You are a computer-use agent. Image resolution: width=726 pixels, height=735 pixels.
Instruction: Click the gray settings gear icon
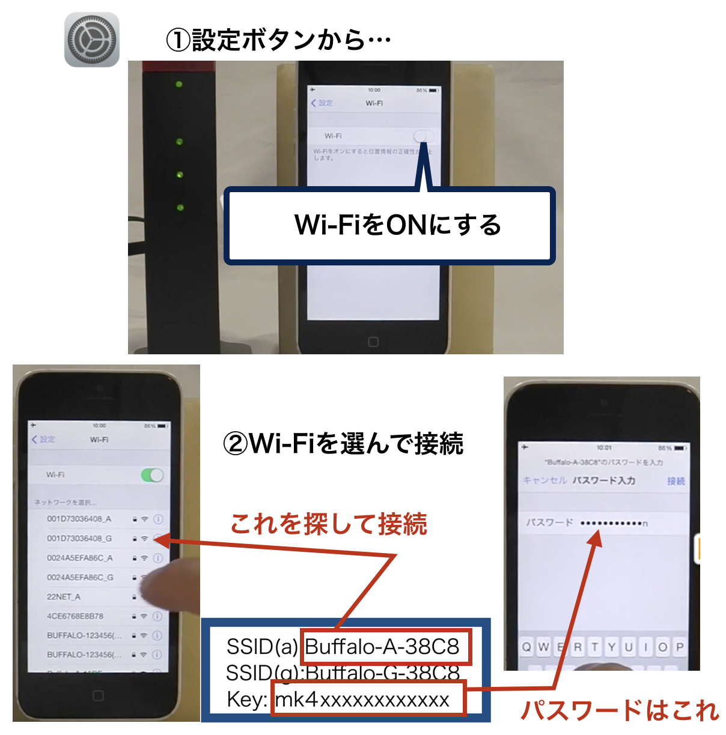pyautogui.click(x=91, y=40)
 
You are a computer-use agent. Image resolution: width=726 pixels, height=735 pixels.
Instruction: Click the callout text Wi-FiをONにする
pyautogui.click(x=397, y=225)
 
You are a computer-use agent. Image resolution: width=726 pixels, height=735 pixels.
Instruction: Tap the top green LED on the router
pyautogui.click(x=178, y=85)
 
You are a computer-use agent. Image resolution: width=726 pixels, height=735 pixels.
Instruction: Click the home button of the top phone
pyautogui.click(x=373, y=342)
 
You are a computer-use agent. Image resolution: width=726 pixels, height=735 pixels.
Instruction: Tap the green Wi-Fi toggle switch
pyautogui.click(x=152, y=476)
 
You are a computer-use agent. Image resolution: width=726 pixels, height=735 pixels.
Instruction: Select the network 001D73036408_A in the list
pyautogui.click(x=79, y=519)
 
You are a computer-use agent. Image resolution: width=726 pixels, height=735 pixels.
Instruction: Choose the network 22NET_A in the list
pyautogui.click(x=64, y=597)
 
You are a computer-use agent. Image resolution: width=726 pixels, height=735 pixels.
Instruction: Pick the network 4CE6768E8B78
pyautogui.click(x=75, y=616)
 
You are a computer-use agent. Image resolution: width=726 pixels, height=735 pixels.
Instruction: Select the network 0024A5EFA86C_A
pyautogui.click(x=80, y=558)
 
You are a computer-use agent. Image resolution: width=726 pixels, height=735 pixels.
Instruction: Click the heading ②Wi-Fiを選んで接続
pyautogui.click(x=343, y=444)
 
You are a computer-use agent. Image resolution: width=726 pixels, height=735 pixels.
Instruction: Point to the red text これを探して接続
pyautogui.click(x=329, y=524)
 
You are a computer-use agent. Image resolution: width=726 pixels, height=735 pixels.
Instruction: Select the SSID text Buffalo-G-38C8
pyautogui.click(x=383, y=673)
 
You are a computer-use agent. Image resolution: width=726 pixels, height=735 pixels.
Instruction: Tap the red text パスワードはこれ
pyautogui.click(x=619, y=711)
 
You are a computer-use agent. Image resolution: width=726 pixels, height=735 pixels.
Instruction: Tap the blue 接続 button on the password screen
pyautogui.click(x=676, y=481)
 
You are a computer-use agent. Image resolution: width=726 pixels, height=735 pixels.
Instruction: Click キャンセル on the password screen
pyautogui.click(x=544, y=480)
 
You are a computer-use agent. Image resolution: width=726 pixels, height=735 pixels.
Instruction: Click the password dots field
pyautogui.click(x=614, y=524)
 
